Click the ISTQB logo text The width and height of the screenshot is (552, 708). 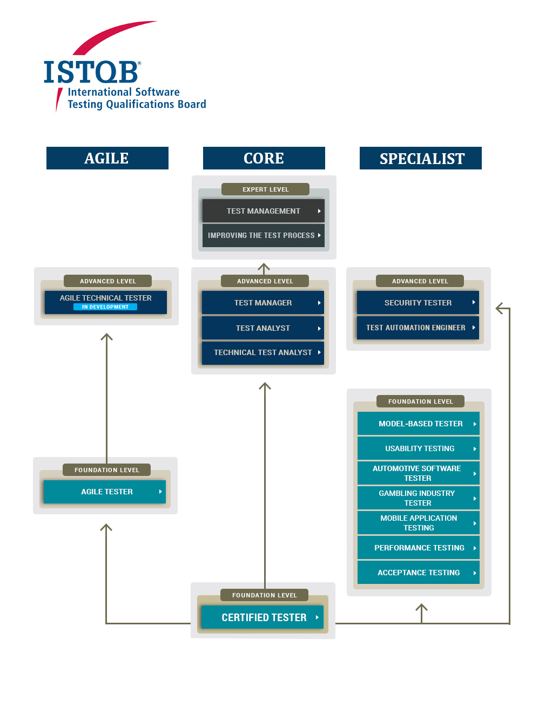[x=91, y=72]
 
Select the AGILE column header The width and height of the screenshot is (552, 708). [x=107, y=158]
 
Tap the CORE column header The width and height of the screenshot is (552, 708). [x=264, y=158]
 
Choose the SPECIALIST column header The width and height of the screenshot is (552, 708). [x=421, y=158]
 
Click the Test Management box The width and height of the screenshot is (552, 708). [x=263, y=211]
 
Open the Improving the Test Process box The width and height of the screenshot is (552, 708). [x=263, y=235]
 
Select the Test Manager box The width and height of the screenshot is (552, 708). [x=262, y=303]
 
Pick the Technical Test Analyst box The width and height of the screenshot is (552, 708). [x=262, y=352]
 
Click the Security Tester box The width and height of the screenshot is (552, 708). [x=418, y=303]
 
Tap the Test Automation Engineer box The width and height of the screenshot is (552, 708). [x=418, y=328]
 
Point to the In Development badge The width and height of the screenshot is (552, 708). [x=105, y=307]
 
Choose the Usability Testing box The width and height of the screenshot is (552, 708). [x=419, y=448]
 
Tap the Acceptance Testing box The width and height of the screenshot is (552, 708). [x=419, y=573]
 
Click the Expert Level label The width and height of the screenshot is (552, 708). [x=265, y=189]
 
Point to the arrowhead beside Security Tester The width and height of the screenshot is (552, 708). [x=501, y=309]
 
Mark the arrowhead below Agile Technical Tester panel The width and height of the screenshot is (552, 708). [x=106, y=337]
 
